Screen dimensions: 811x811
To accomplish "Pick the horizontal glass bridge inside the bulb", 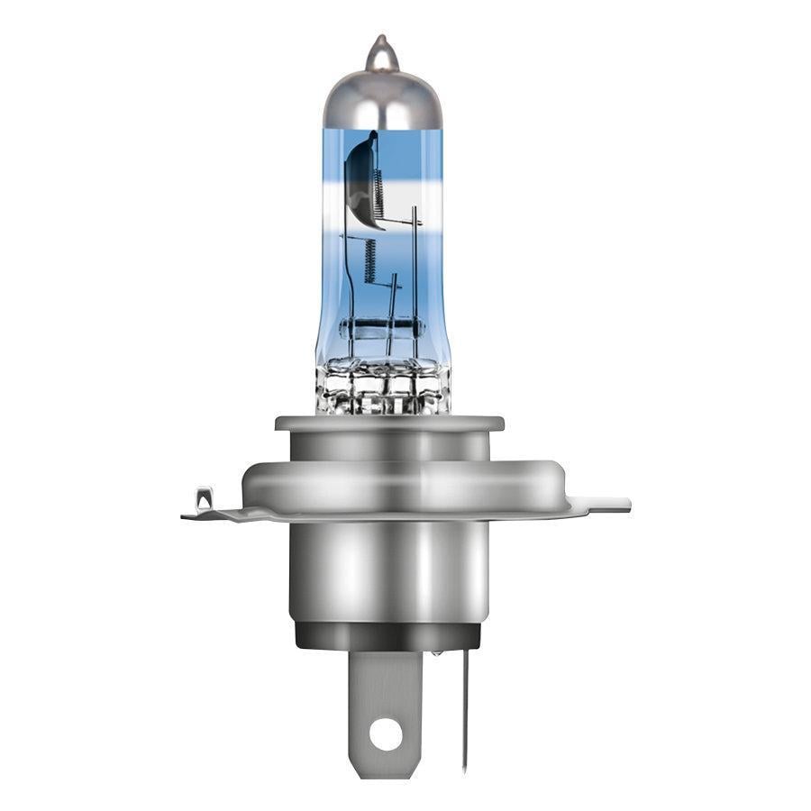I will [x=382, y=327].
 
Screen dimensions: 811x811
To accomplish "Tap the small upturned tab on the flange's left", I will [x=205, y=498].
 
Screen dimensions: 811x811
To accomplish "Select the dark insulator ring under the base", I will [x=387, y=636].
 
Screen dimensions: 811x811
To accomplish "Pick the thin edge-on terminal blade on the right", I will [x=465, y=712].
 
